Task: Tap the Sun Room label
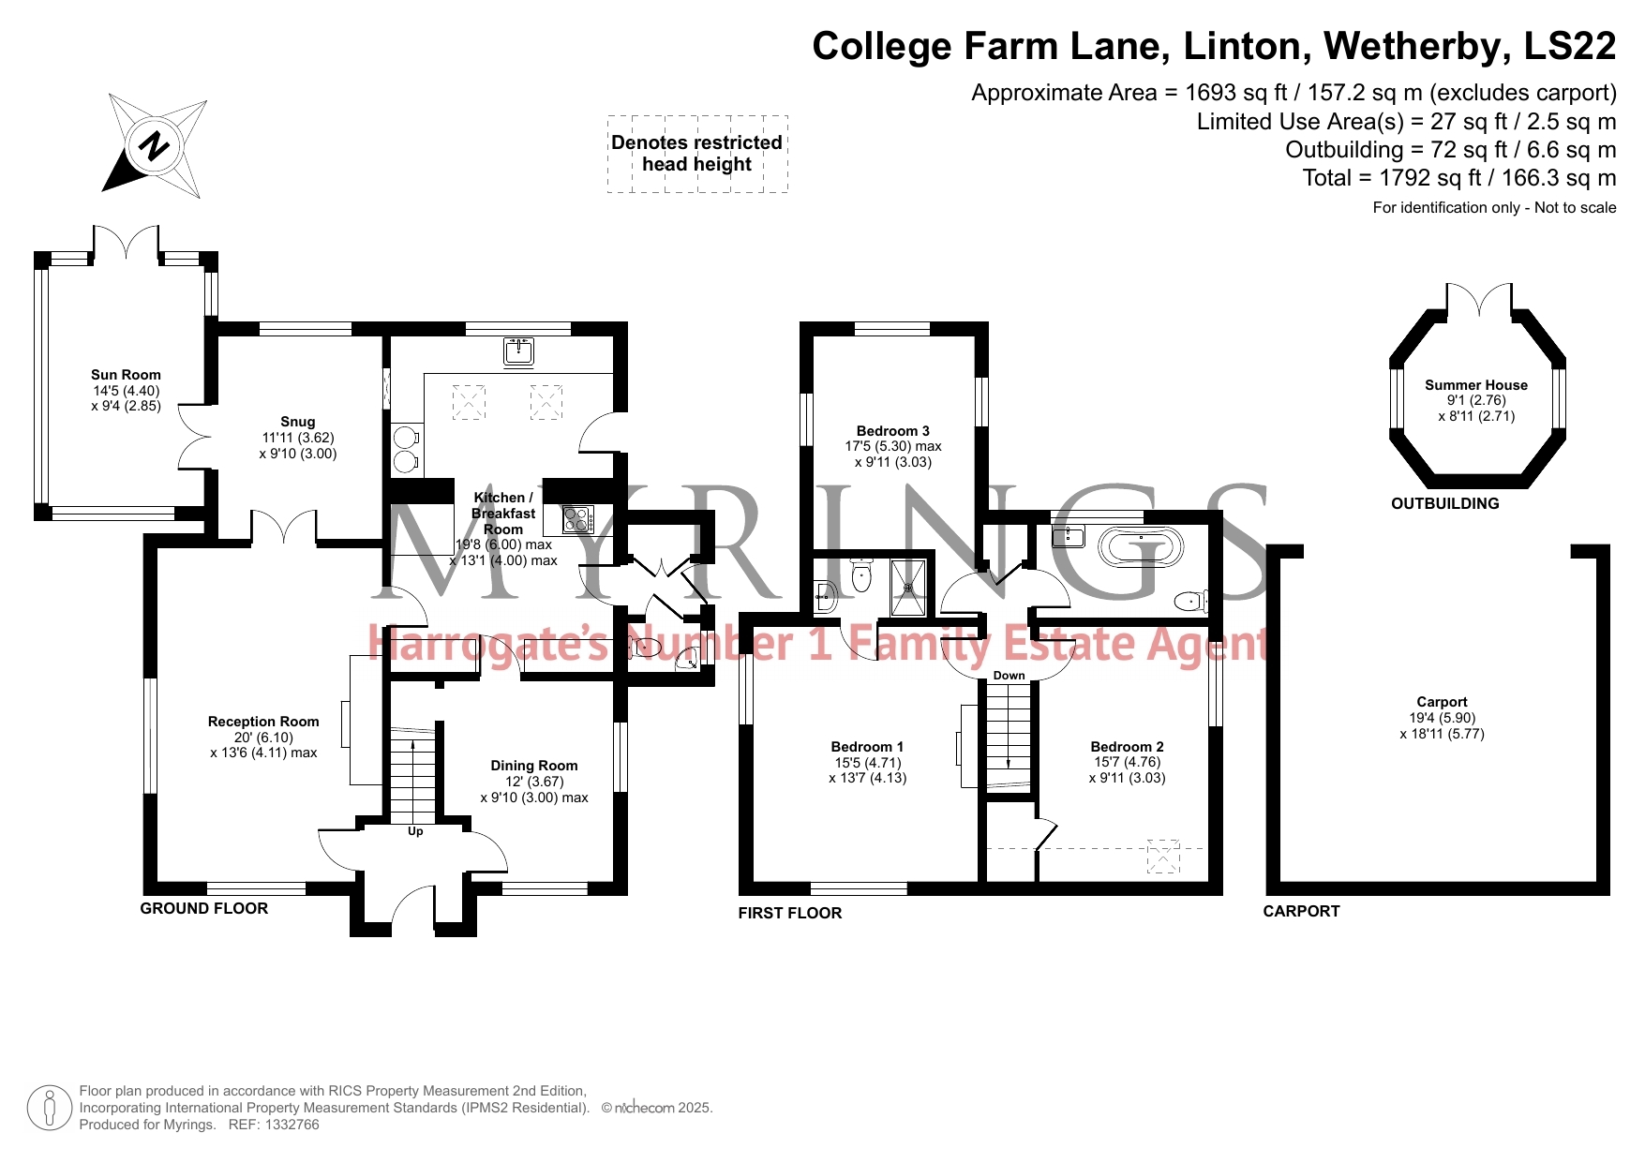[126, 375]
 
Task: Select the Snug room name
[297, 422]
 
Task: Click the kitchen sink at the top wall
[518, 351]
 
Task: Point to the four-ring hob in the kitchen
[577, 519]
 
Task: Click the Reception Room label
[263, 722]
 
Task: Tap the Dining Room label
[534, 766]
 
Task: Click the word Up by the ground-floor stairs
[415, 831]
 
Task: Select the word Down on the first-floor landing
[1009, 676]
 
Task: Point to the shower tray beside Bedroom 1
[907, 588]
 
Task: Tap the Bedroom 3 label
[893, 431]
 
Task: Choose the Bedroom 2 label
[1127, 747]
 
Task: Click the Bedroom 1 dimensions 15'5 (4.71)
[868, 763]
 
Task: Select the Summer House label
[1476, 385]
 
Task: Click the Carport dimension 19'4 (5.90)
[1443, 718]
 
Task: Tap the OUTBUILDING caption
[1445, 503]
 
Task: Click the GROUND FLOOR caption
[204, 908]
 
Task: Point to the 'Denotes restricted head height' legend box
[697, 154]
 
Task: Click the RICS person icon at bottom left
[50, 1108]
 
